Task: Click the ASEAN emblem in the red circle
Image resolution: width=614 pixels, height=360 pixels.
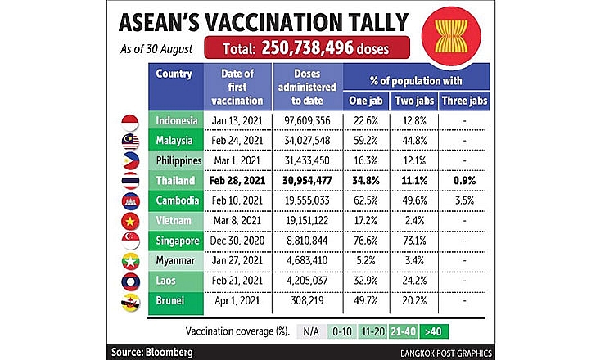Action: [x=451, y=36]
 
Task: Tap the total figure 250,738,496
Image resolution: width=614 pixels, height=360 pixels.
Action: [x=307, y=47]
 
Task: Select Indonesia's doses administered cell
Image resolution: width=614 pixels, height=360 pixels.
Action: [x=307, y=120]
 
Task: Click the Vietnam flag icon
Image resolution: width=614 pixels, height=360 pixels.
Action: [x=130, y=222]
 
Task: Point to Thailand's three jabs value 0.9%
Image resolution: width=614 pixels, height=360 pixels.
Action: [x=464, y=181]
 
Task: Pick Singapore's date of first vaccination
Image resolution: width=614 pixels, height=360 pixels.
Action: [x=237, y=241]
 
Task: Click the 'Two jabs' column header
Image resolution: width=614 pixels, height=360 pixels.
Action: [x=414, y=101]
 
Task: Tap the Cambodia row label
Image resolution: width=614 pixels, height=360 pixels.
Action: [x=178, y=200]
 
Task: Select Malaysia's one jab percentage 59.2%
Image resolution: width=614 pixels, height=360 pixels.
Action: [x=366, y=141]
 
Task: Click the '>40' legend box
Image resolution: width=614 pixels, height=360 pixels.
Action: [x=433, y=332]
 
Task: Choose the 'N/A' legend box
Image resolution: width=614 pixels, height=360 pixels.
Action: [x=311, y=332]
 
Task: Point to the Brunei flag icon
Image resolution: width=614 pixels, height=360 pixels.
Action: [x=130, y=303]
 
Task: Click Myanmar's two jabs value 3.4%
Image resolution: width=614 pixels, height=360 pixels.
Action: [x=414, y=261]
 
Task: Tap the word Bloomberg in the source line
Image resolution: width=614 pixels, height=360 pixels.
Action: [x=169, y=352]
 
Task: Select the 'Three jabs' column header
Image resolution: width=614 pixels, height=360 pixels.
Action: [x=464, y=101]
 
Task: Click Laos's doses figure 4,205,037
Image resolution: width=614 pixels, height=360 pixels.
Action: [x=307, y=281]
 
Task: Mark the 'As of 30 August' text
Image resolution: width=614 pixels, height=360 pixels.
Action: [x=156, y=49]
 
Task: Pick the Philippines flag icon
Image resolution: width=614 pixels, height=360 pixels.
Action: [x=130, y=161]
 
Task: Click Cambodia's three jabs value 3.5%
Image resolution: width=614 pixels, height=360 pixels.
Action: [x=464, y=200]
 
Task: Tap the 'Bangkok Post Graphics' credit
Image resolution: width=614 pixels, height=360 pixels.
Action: [x=446, y=353]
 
